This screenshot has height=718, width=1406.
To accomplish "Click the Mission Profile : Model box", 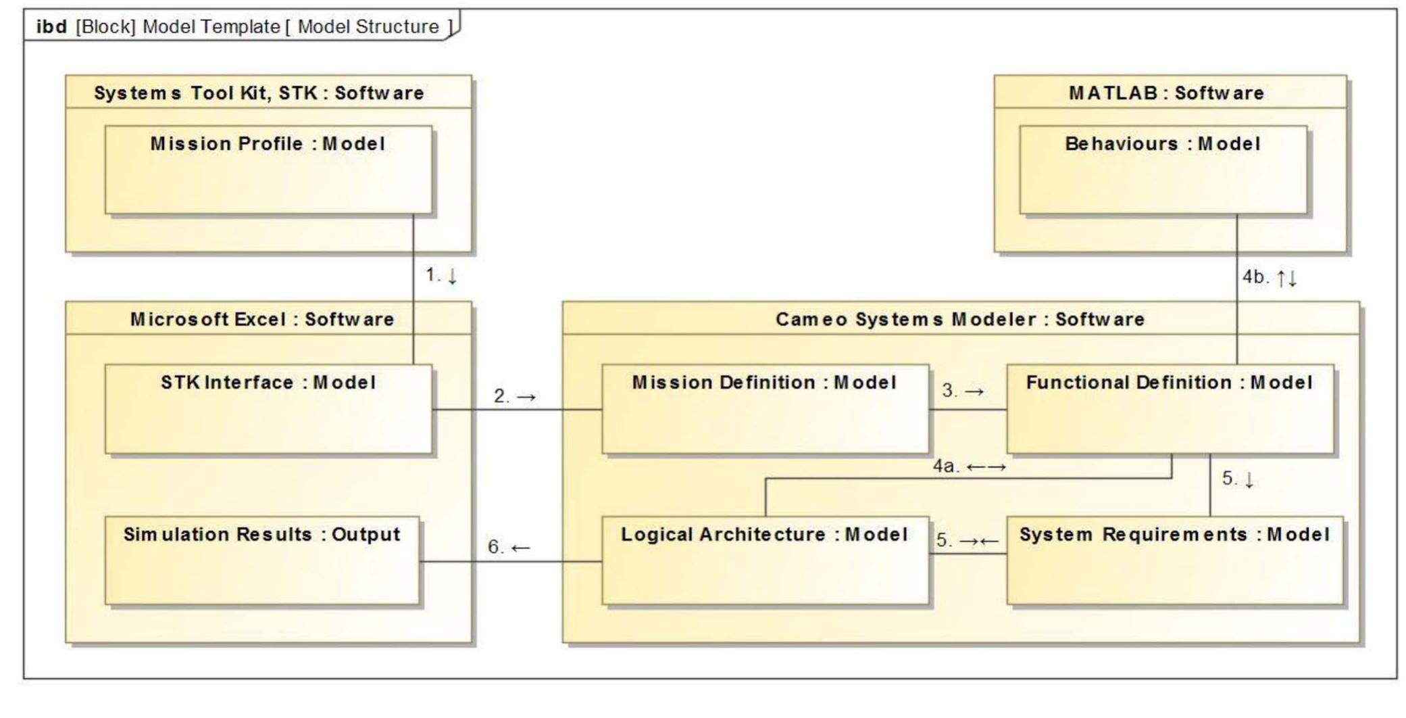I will [268, 170].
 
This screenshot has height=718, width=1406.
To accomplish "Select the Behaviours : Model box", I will [1162, 170].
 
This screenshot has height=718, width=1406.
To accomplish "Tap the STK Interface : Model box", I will [268, 409].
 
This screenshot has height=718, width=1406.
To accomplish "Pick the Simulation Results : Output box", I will [261, 560].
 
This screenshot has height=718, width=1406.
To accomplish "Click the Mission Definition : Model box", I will [764, 409].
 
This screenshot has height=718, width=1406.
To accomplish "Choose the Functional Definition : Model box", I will [1169, 409].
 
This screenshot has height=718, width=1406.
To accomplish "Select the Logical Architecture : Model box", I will [764, 560].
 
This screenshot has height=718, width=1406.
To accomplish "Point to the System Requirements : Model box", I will [1174, 560].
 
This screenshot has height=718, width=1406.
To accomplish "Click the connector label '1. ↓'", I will [441, 275].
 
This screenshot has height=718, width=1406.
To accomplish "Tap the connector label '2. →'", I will [514, 396].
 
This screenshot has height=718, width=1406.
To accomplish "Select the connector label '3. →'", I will [963, 391].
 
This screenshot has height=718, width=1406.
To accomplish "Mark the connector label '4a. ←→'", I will [969, 466].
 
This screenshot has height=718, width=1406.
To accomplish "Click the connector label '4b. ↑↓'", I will [1269, 277].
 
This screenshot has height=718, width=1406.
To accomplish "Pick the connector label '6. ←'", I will [509, 547].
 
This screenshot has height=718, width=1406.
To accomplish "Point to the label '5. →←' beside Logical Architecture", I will [966, 540].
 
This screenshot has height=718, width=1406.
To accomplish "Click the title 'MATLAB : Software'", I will [1166, 93].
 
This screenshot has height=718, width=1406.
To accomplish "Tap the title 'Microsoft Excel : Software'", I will [262, 319].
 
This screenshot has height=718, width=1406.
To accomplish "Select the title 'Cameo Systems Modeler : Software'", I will [959, 319].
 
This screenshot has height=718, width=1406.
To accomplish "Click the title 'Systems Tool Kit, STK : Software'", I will [259, 93].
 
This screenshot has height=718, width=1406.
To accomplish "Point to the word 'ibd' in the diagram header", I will [51, 26].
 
